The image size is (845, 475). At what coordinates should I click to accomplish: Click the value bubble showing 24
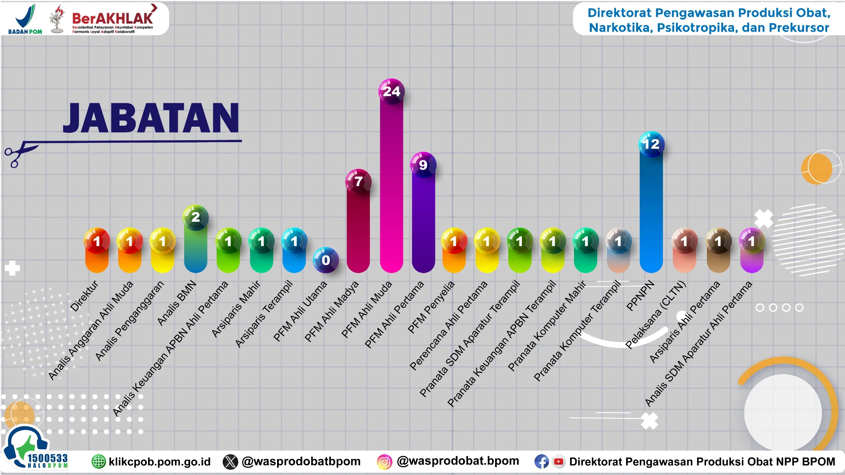[x=391, y=91]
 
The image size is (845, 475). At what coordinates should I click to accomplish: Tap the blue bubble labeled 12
[x=651, y=144]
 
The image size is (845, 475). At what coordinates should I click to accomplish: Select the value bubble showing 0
[x=326, y=260]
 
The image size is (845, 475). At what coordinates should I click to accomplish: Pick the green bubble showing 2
[x=195, y=217]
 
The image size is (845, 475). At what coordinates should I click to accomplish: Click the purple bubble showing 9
[x=423, y=165]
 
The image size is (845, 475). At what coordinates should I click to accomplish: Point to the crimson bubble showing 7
[x=358, y=181]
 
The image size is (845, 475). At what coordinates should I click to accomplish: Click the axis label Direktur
[x=84, y=296]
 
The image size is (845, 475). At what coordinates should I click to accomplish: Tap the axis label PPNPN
[x=640, y=296]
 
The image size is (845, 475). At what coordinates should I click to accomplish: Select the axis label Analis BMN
[x=177, y=303]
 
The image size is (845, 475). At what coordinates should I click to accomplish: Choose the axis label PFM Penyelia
[x=431, y=307]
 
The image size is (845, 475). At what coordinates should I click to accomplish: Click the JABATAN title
[x=151, y=118]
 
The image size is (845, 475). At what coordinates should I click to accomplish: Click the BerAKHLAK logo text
[x=112, y=18]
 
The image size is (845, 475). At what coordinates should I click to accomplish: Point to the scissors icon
[x=20, y=153]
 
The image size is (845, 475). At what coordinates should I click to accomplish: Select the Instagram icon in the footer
[x=384, y=461]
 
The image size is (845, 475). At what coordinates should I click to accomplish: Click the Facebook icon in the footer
[x=541, y=461]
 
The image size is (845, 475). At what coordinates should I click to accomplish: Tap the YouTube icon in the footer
[x=558, y=461]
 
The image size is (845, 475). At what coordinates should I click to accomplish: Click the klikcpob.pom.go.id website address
[x=159, y=461]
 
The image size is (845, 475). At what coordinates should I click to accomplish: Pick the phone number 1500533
[x=48, y=458]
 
